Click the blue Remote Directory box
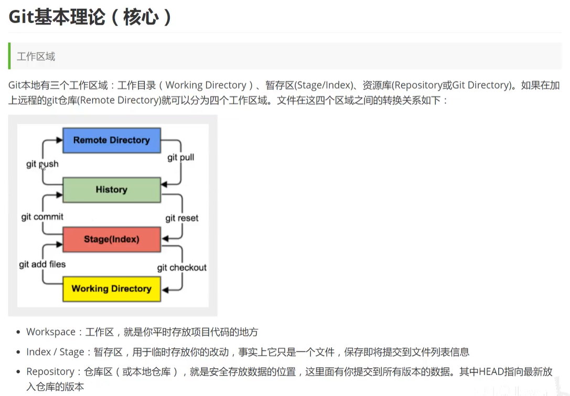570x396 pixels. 111,140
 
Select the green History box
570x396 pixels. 111,190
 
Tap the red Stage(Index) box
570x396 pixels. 111,239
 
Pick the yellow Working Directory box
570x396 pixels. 111,289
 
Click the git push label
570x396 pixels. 42,164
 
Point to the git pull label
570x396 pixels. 180,157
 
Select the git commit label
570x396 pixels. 42,217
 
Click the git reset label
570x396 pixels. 182,218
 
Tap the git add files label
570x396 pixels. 42,264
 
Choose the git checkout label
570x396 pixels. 182,268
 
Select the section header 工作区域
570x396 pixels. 36,57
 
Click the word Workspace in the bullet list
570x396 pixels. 51,332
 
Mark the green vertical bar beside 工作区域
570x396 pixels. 9,57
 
